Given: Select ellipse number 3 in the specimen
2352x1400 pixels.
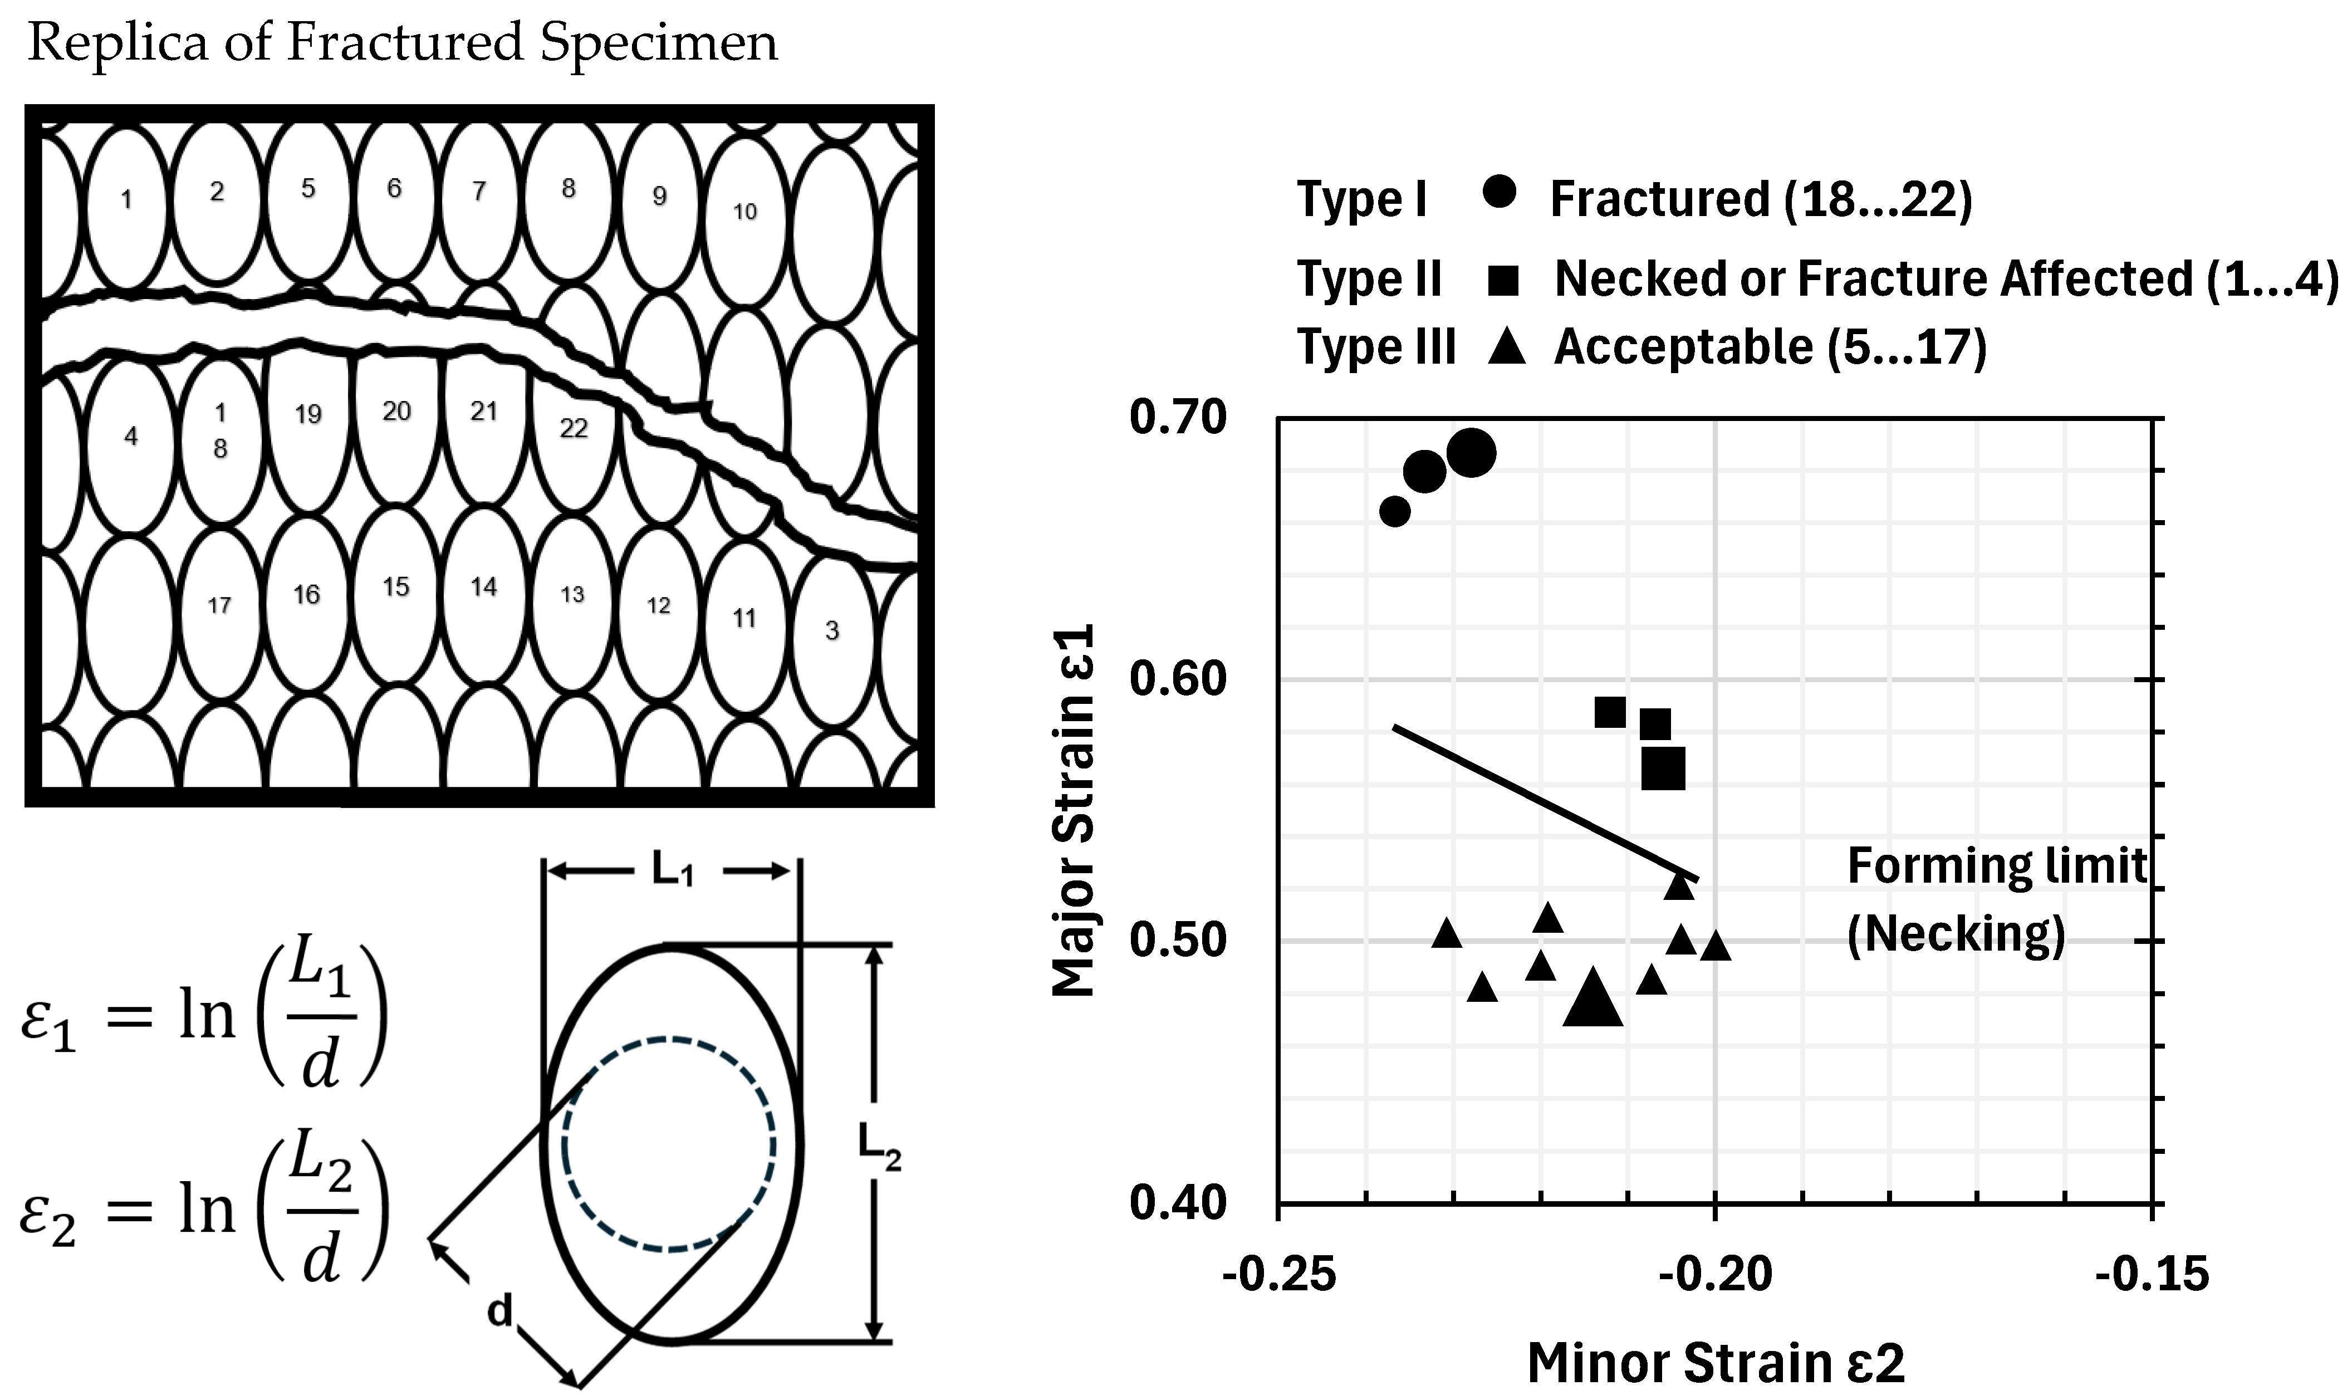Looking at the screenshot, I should click(832, 630).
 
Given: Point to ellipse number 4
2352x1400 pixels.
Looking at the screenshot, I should click(131, 436).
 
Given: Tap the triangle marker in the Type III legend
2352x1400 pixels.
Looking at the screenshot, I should click(1506, 347).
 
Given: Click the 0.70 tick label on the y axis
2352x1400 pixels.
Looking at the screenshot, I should click(1178, 417).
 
